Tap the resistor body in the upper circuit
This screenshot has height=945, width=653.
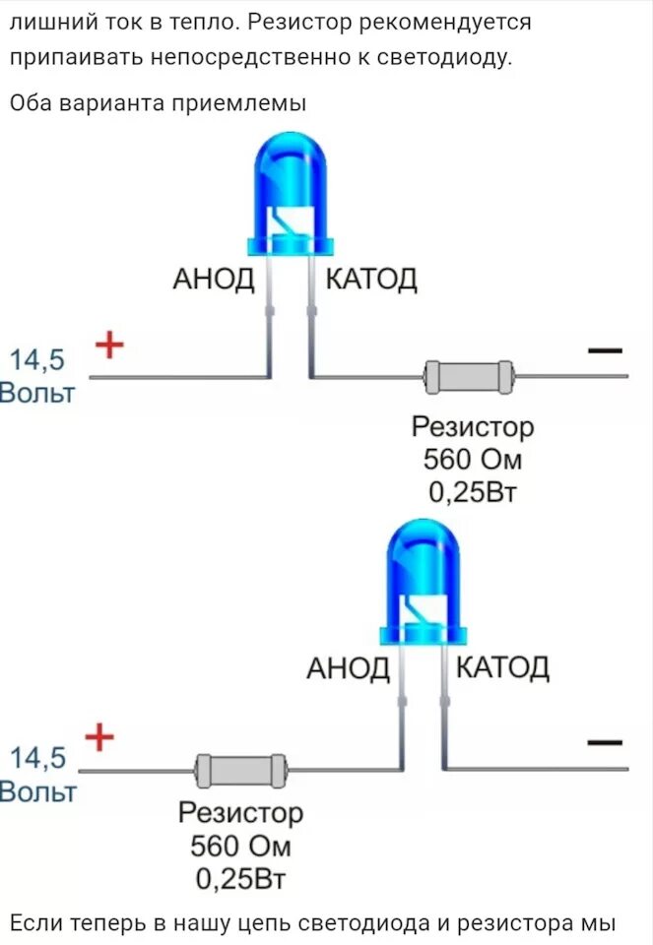click(469, 376)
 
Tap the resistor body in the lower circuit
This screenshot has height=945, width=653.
click(240, 769)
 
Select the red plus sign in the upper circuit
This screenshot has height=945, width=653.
click(109, 346)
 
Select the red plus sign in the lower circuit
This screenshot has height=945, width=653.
click(98, 736)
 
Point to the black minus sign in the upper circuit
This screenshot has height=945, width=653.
click(605, 349)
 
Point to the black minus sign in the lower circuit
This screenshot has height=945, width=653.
click(605, 742)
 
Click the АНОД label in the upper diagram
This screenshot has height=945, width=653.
click(214, 280)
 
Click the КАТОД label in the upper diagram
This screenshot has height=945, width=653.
click(371, 280)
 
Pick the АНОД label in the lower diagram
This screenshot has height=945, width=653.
click(348, 669)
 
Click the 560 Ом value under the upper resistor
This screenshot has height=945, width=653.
click(471, 460)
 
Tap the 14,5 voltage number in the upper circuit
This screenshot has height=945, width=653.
click(37, 360)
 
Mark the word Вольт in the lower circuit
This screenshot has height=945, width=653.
click(37, 792)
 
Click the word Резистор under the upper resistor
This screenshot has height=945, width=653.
click(473, 427)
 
